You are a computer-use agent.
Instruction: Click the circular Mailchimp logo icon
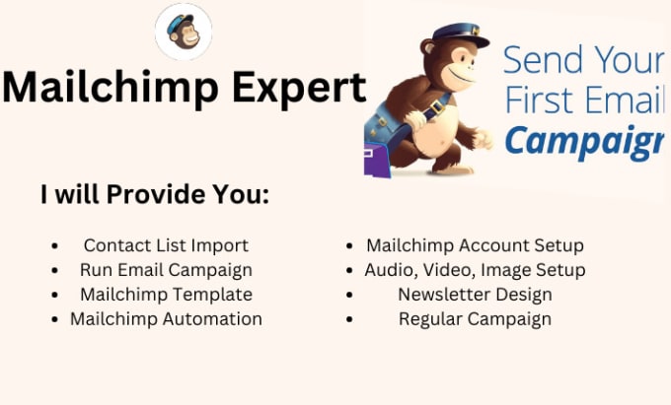coord(185,32)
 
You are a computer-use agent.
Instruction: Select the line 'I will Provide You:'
coord(155,194)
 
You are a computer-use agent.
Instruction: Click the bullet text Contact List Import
coord(166,245)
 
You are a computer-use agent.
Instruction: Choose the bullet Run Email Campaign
coord(166,270)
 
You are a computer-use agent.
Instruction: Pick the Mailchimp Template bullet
coord(166,295)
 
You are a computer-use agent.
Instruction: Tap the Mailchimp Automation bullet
coord(166,319)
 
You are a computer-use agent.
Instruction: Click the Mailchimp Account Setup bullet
coord(475,245)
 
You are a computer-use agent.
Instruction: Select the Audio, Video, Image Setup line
coord(475,270)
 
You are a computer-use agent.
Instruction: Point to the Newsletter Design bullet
coord(475,295)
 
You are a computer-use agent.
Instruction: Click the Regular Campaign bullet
coord(475,319)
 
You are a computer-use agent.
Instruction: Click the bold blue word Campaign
coord(583,139)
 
